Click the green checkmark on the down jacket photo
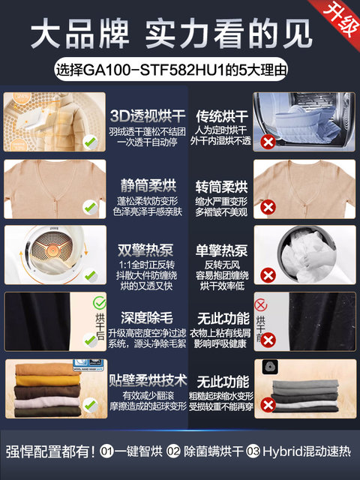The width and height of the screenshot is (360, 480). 88,140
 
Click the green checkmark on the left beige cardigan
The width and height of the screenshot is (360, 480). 88,205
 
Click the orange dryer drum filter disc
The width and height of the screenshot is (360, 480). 52,254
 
